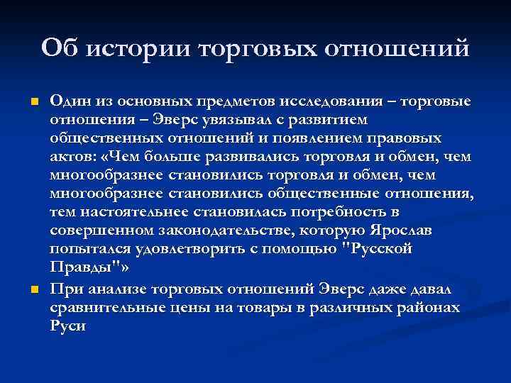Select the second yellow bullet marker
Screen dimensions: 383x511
32,289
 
